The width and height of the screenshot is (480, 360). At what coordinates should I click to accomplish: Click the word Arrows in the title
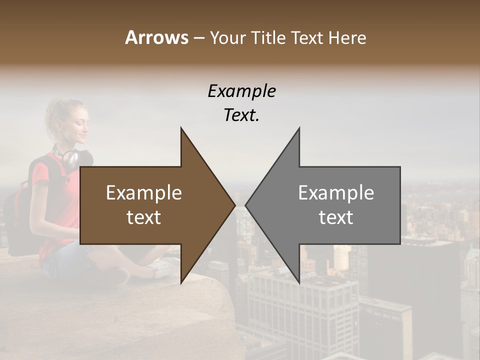[156, 37]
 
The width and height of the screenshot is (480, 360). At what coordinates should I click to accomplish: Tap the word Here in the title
[347, 37]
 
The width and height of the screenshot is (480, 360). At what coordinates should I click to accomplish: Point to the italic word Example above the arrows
[241, 91]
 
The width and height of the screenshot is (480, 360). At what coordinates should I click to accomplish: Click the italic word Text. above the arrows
[241, 115]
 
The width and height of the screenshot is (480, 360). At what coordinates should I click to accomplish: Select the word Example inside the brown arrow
[144, 192]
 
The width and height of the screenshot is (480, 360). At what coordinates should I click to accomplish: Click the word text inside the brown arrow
[144, 217]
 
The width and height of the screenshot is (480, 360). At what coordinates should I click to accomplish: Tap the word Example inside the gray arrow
[336, 192]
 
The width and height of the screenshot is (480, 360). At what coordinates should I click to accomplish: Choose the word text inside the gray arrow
[336, 217]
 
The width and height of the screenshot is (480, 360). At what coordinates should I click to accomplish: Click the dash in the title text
[198, 38]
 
